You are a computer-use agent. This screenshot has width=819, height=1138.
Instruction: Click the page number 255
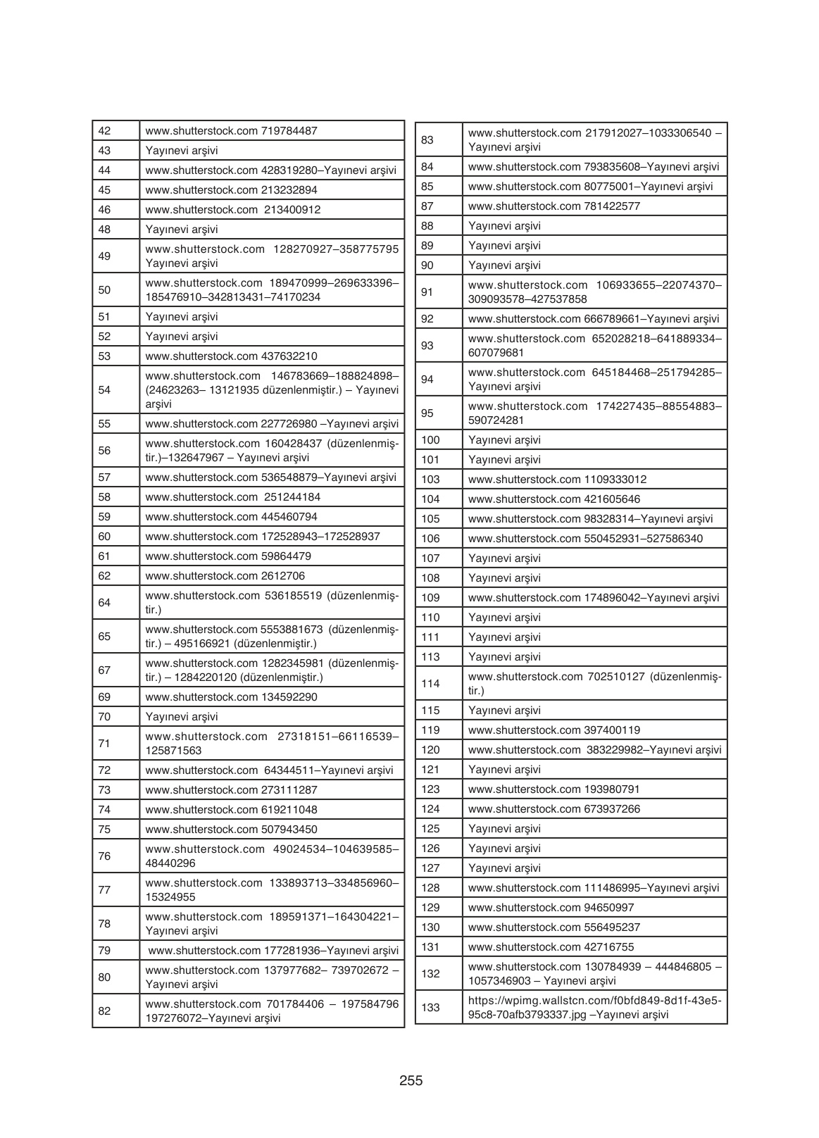[x=411, y=1080]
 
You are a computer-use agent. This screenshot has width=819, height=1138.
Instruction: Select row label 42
[x=104, y=131]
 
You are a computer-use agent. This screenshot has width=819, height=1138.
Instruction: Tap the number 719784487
[x=289, y=131]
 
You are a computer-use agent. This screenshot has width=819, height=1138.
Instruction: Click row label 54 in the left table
[x=104, y=390]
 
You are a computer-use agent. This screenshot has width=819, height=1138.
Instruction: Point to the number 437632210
[x=289, y=356]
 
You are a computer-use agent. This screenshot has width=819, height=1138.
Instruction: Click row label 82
[x=104, y=1011]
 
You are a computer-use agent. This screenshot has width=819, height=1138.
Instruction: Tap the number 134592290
[x=289, y=697]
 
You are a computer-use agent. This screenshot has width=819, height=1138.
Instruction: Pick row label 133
[x=430, y=1008]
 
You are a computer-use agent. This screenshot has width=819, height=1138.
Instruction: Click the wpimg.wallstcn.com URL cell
[x=594, y=1008]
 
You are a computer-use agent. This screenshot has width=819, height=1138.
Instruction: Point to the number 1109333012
[x=615, y=480]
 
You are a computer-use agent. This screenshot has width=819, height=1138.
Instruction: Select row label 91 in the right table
[x=427, y=292]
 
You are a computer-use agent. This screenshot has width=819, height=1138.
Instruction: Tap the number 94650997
[x=609, y=908]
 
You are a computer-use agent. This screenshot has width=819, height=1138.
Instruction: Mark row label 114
[x=430, y=684]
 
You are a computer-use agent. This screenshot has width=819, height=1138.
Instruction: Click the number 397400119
[x=612, y=730]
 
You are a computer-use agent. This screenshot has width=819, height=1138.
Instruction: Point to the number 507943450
[x=289, y=830]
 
